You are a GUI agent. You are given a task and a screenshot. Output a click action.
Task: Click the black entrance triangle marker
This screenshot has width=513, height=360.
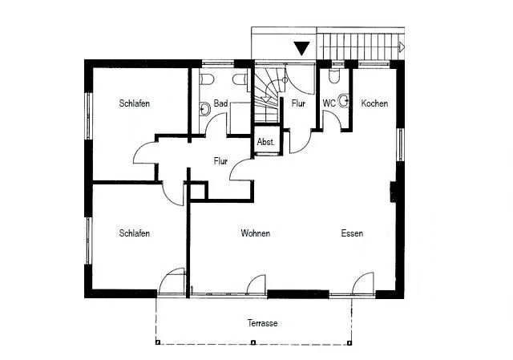click(x=301, y=48)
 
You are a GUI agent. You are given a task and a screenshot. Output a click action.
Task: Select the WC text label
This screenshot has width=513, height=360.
click(x=329, y=103)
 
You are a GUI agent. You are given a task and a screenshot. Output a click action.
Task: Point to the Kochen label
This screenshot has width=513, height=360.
click(x=374, y=103)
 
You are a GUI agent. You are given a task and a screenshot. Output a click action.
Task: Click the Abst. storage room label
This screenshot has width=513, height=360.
click(x=265, y=142)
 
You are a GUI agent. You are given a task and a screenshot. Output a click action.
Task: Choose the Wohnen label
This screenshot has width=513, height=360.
click(x=255, y=233)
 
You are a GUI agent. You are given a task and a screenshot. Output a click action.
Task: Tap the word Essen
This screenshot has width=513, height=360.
click(x=352, y=233)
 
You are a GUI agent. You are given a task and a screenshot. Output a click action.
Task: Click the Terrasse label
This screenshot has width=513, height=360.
click(x=263, y=323)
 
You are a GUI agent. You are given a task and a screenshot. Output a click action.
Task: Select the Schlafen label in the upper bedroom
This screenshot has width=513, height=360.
click(x=135, y=103)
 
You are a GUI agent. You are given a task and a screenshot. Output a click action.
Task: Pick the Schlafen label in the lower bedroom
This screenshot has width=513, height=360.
click(x=135, y=233)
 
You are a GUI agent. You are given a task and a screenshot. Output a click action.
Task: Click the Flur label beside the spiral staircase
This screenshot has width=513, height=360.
click(x=298, y=103)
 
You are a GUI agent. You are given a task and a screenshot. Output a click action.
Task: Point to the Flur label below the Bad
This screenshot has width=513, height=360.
click(x=221, y=161)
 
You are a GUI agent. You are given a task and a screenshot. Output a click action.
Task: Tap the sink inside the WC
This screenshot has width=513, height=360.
click(x=345, y=101)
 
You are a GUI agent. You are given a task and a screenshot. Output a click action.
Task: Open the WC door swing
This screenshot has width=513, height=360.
click(x=329, y=120)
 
